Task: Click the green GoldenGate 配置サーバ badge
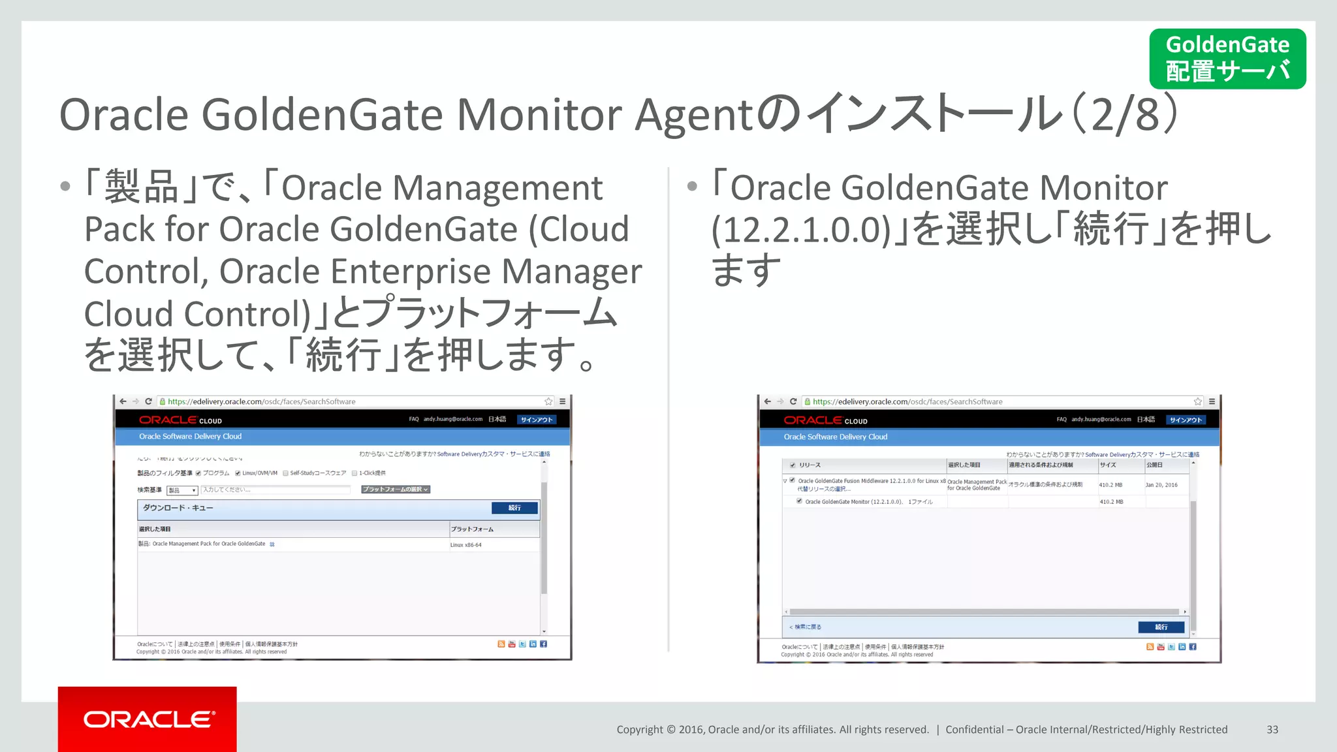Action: coord(1227,59)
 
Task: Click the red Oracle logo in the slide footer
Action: coord(148,719)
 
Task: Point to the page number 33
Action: coord(1272,730)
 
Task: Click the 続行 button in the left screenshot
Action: coord(514,508)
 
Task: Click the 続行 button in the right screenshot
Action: coord(1161,627)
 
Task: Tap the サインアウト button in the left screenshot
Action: coord(537,420)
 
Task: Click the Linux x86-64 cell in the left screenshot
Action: coord(466,545)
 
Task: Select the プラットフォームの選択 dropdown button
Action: coord(396,490)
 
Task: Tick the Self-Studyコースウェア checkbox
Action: coord(286,473)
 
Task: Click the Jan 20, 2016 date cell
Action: coord(1161,485)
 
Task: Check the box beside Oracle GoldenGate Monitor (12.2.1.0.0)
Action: coord(799,501)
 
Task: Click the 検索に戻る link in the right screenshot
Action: coord(806,627)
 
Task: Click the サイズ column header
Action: coord(1108,465)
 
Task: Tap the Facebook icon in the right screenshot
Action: coord(1193,647)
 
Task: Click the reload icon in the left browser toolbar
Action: coord(149,401)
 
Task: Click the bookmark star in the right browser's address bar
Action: coord(1198,401)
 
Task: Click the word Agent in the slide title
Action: coord(695,116)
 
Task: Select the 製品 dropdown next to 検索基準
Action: coord(182,490)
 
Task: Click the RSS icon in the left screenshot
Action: coord(501,644)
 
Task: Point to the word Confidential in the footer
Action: coord(975,730)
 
